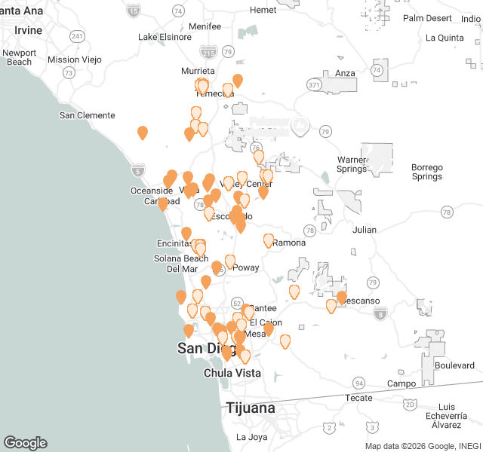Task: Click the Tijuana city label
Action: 250,408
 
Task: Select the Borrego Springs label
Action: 427,172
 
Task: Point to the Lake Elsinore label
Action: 168,37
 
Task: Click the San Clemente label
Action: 88,115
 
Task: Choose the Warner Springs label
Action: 352,164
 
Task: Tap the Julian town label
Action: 364,230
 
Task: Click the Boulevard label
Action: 454,365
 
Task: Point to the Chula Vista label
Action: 232,373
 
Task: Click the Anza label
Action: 345,73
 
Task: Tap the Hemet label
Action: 263,10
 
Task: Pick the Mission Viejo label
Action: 74,60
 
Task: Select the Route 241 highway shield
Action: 77,35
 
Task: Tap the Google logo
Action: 25,443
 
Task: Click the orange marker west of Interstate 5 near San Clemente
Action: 143,133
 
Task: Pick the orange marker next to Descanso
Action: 342,298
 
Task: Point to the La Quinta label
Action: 445,38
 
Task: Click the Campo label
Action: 401,383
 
